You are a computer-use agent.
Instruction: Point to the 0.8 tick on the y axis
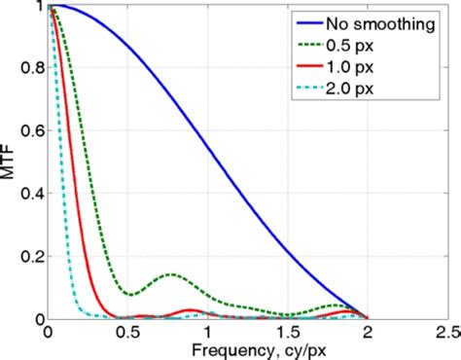point(31,69)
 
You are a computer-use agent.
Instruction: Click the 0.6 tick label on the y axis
point(31,131)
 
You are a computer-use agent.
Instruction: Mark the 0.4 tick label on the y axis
point(31,194)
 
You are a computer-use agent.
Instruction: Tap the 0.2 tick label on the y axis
point(31,256)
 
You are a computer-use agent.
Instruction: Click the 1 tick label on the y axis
point(38,7)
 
